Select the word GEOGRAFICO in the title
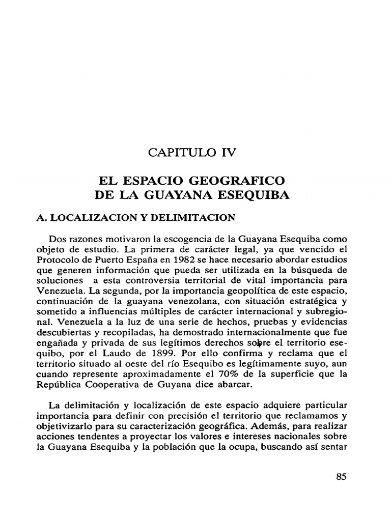click(242, 181)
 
